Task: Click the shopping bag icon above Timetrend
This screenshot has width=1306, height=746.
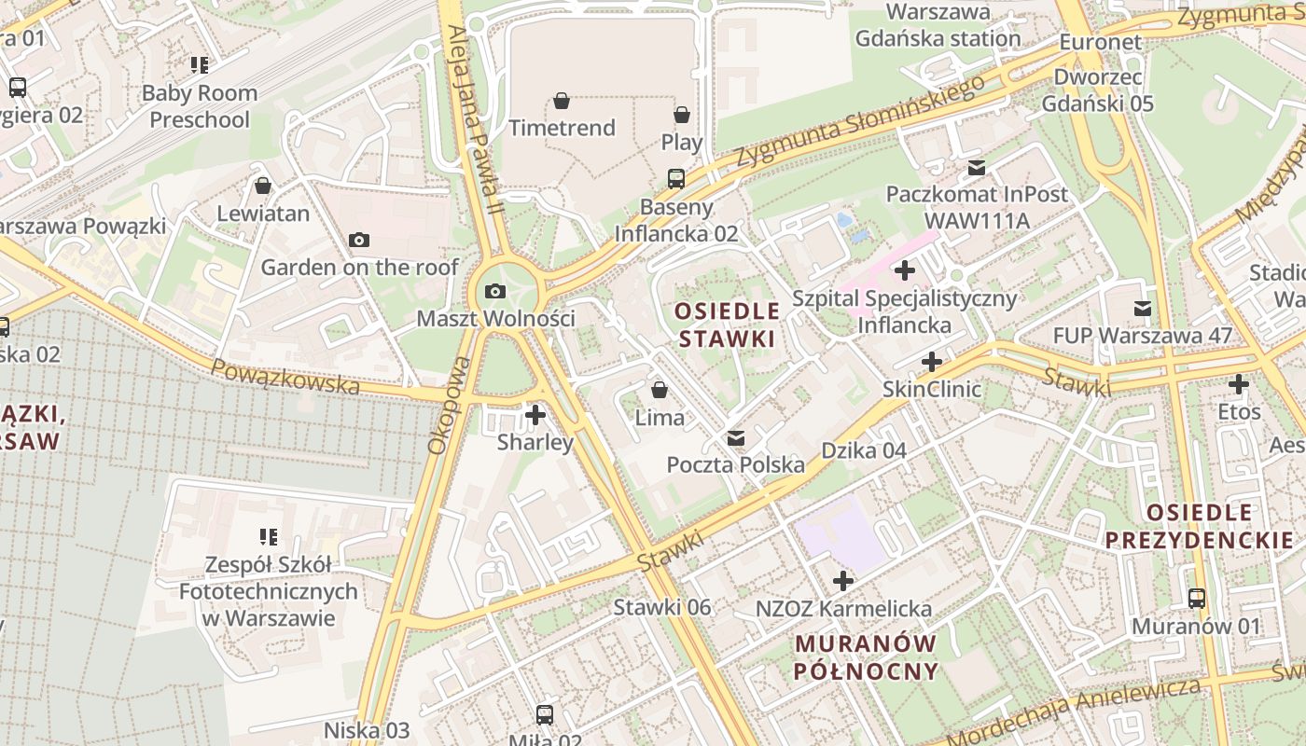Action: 562,100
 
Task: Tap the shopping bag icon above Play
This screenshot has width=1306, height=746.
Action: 682,115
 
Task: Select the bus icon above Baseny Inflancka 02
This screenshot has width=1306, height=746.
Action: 676,178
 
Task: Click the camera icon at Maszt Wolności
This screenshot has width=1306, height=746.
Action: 495,291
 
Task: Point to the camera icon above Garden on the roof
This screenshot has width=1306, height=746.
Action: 358,240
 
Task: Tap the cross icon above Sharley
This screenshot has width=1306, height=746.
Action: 535,414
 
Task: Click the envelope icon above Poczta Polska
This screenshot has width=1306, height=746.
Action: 736,437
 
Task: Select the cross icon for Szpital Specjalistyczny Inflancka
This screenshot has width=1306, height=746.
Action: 904,271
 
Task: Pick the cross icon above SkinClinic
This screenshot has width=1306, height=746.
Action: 931,361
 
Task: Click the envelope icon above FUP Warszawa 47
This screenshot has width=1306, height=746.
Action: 1142,308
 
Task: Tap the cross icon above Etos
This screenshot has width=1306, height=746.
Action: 1238,383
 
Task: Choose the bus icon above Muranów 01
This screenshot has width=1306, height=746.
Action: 1197,598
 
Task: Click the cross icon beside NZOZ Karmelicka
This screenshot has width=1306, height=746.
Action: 843,581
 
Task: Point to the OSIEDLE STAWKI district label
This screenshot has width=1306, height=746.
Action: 727,325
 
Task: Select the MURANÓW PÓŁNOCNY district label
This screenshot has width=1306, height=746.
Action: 865,656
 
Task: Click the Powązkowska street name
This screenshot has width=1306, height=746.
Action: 285,376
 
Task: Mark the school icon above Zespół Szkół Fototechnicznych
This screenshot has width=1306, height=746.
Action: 269,536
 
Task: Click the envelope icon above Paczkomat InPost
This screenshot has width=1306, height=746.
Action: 976,167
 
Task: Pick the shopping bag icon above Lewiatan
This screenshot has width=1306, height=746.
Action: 263,186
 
